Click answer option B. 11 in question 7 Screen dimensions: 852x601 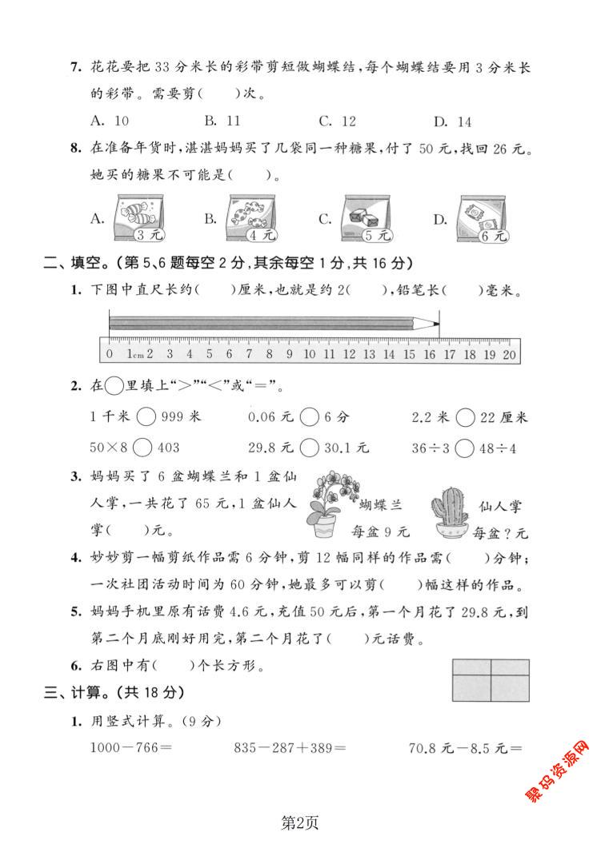coord(222,121)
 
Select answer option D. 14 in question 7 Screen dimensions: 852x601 coord(453,121)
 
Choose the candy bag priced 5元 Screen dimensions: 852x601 coord(367,218)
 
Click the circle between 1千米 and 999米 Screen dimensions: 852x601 coord(146,417)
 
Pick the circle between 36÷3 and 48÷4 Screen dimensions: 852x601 coord(464,448)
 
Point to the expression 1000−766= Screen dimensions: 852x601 coord(133,748)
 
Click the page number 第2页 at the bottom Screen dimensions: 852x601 coord(301,821)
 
